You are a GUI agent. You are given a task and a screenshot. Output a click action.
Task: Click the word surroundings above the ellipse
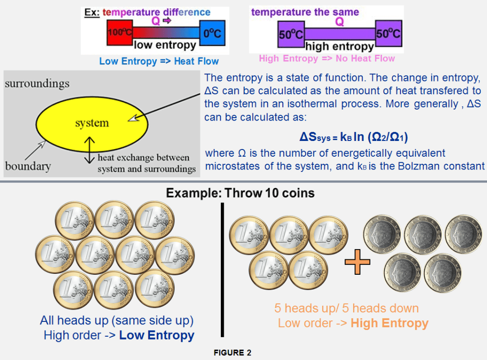[37, 83]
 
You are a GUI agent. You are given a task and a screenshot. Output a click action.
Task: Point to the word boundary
[28, 166]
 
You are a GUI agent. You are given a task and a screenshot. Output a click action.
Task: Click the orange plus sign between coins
[357, 263]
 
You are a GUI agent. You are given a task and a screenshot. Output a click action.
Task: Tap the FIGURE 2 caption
[232, 353]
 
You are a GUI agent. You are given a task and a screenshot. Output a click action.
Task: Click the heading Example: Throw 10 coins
[240, 193]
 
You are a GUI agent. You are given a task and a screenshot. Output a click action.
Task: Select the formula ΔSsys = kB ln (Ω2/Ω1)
[354, 137]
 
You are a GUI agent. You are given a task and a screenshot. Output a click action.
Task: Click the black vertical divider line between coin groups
[222, 269]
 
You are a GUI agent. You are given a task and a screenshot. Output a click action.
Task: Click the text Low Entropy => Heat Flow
[159, 61]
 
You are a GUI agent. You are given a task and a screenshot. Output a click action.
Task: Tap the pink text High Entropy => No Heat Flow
[327, 59]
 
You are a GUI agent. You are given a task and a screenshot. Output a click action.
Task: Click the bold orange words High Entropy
[389, 323]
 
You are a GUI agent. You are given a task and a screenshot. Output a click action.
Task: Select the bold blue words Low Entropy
[157, 335]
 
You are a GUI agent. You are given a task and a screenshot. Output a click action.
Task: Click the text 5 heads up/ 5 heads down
[347, 308]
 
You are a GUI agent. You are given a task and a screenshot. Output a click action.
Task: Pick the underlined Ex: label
[91, 12]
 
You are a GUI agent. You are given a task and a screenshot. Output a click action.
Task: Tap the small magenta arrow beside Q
[167, 21]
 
